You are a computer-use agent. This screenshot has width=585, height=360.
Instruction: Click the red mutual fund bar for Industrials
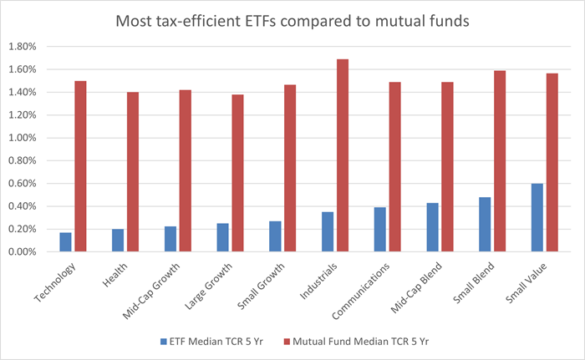[343, 155]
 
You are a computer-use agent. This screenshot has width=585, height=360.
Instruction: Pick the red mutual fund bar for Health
[133, 172]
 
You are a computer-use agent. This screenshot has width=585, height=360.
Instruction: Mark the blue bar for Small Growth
[275, 236]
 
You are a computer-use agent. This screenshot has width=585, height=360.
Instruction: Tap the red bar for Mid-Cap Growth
[186, 170]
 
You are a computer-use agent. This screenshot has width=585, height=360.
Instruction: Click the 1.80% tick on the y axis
[28, 47]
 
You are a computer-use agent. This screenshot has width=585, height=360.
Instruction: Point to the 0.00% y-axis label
[28, 252]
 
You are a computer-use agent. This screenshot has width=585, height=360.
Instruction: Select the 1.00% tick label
[28, 138]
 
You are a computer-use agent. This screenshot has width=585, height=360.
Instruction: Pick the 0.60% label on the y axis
[28, 184]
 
